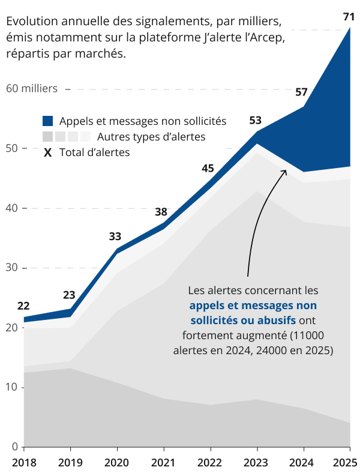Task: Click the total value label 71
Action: click(x=349, y=17)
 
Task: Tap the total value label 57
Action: click(x=301, y=92)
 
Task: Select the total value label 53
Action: click(x=255, y=121)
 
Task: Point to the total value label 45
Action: click(x=208, y=168)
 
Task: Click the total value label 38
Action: click(x=161, y=211)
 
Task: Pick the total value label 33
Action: click(x=115, y=236)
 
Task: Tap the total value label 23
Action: click(x=69, y=295)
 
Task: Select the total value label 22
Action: click(x=23, y=305)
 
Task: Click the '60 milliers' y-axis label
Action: click(x=32, y=89)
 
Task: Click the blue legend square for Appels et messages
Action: click(x=48, y=121)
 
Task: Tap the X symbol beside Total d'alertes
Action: click(x=48, y=152)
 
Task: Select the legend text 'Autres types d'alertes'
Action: click(x=151, y=137)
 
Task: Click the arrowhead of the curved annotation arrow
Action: click(x=285, y=172)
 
